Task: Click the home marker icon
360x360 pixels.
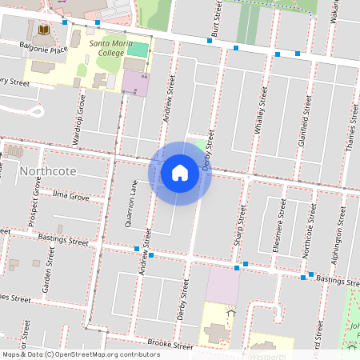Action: click(180, 172)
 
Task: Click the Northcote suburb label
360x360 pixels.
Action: click(49, 171)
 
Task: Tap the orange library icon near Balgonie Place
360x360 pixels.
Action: click(43, 30)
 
